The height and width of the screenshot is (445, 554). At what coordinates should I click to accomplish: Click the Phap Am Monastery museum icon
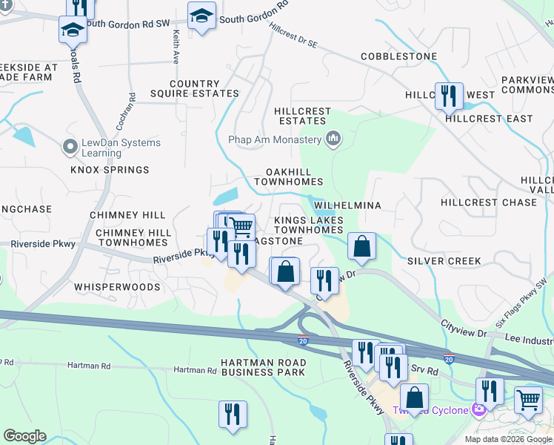(x=333, y=139)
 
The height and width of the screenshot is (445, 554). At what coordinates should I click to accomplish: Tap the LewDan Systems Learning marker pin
(x=70, y=147)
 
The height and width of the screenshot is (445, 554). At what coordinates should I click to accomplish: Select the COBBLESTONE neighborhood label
(x=396, y=56)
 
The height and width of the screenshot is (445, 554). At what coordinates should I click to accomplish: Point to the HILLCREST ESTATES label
(x=302, y=116)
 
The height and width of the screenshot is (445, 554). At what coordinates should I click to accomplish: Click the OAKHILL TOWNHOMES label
(x=289, y=176)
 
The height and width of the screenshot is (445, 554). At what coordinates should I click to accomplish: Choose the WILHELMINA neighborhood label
(x=347, y=205)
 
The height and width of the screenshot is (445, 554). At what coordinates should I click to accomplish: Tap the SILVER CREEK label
(x=444, y=261)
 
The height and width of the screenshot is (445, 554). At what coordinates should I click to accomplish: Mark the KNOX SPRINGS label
(x=110, y=170)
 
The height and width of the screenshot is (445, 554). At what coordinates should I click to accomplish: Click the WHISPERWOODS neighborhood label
(x=117, y=286)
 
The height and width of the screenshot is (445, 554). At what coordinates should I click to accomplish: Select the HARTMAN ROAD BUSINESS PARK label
(x=263, y=366)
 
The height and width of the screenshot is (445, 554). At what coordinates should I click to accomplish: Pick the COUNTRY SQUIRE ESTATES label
(x=195, y=89)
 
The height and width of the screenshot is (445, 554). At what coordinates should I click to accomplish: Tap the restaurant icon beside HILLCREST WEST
(x=449, y=96)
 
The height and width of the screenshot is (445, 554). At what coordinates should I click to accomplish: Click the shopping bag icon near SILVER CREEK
(x=361, y=247)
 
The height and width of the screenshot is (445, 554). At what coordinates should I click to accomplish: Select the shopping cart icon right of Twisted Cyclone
(x=529, y=400)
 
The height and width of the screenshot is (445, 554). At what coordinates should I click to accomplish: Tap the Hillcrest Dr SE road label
(x=293, y=35)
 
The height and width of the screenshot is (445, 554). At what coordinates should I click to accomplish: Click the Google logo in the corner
(x=24, y=436)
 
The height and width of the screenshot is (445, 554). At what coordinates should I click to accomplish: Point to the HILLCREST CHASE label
(x=488, y=202)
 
